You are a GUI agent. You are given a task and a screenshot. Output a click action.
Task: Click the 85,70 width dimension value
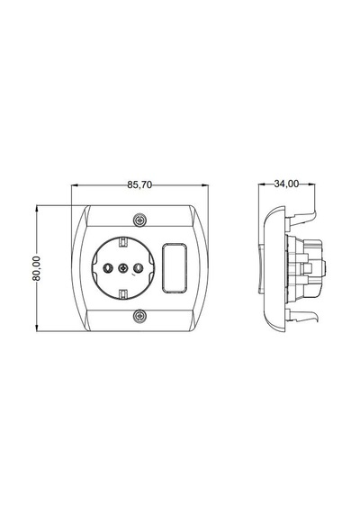pyautogui.click(x=139, y=184)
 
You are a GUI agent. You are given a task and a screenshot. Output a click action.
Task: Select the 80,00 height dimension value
pyautogui.click(x=36, y=268)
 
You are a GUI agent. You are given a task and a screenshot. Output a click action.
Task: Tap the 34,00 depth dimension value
pyautogui.click(x=286, y=184)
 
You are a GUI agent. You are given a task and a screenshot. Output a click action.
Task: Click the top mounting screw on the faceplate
pyautogui.click(x=139, y=220)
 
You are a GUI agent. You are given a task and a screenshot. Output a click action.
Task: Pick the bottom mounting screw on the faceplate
pyautogui.click(x=139, y=316)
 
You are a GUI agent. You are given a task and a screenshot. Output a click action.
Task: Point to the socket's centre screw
pyautogui.click(x=123, y=268)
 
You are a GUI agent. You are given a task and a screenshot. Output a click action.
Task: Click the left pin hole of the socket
pyautogui.click(x=107, y=268)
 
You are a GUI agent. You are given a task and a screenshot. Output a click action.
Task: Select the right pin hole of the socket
pyautogui.click(x=138, y=268)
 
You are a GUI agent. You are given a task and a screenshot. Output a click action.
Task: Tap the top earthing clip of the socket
pyautogui.click(x=122, y=242)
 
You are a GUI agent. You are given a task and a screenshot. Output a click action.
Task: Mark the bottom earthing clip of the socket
pyautogui.click(x=122, y=294)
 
